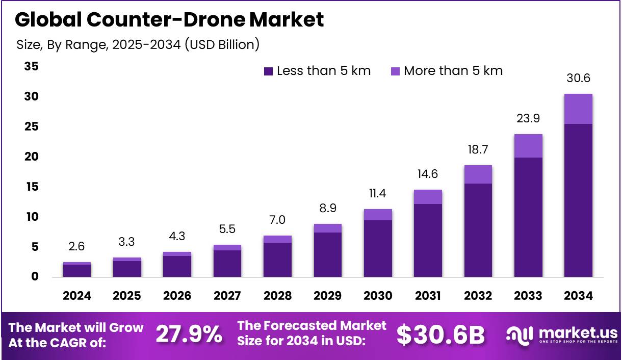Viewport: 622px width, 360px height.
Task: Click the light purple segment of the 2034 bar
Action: pyautogui.click(x=578, y=109)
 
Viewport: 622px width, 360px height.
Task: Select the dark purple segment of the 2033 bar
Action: pyautogui.click(x=528, y=217)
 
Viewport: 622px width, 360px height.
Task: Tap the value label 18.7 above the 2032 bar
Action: pyautogui.click(x=478, y=149)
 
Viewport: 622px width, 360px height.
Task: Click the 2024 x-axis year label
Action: pyautogui.click(x=77, y=296)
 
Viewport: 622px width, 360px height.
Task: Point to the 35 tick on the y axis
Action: pyautogui.click(x=32, y=66)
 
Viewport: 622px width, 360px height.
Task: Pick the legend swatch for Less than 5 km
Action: pyautogui.click(x=269, y=71)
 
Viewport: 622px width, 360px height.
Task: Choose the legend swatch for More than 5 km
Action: pyautogui.click(x=395, y=71)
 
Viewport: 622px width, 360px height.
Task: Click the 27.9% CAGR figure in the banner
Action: pyautogui.click(x=189, y=335)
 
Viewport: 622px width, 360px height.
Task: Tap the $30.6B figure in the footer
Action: pyautogui.click(x=440, y=335)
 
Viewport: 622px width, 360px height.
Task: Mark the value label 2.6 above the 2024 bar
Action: pyautogui.click(x=77, y=247)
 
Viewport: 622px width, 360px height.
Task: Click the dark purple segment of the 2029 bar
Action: pyautogui.click(x=327, y=254)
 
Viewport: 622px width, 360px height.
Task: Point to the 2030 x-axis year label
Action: pyautogui.click(x=378, y=296)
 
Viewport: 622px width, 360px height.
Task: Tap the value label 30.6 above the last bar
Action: pyautogui.click(x=578, y=78)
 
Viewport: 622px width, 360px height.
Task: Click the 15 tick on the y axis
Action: pyautogui.click(x=32, y=187)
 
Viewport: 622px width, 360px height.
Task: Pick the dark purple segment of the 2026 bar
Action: pyautogui.click(x=177, y=266)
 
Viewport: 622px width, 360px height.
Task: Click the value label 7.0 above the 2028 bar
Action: pyautogui.click(x=277, y=220)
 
